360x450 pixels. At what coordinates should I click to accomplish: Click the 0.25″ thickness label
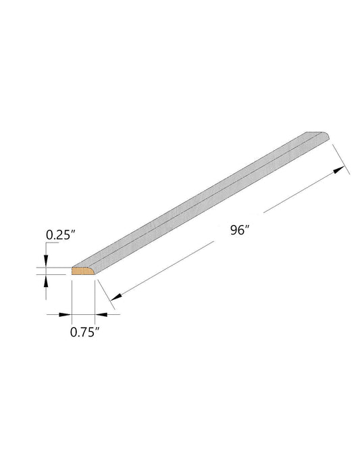pyautogui.click(x=61, y=234)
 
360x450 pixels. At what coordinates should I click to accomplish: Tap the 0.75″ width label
pyautogui.click(x=84, y=332)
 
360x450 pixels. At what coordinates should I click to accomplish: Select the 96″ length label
pyautogui.click(x=240, y=230)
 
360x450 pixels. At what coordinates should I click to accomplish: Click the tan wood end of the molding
pyautogui.click(x=82, y=271)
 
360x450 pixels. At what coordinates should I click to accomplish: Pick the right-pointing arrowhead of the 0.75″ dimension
pyautogui.click(x=65, y=315)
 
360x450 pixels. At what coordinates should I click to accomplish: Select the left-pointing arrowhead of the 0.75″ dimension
pyautogui.click(x=101, y=315)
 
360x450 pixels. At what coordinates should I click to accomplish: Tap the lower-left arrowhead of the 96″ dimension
pyautogui.click(x=116, y=297)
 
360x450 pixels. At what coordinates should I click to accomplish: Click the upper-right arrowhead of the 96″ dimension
pyautogui.click(x=339, y=170)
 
